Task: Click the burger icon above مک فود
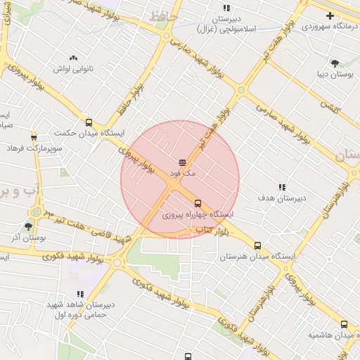click(182, 162)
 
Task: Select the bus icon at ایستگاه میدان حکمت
click(88, 122)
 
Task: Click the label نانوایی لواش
click(74, 69)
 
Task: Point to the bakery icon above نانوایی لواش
click(74, 58)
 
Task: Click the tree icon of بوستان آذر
click(29, 226)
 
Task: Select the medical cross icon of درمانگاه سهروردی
click(330, 15)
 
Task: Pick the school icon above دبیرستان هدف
click(282, 187)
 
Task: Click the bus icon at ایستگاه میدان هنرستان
click(258, 246)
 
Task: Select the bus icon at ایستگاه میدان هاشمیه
click(344, 324)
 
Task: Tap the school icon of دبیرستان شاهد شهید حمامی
click(80, 294)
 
